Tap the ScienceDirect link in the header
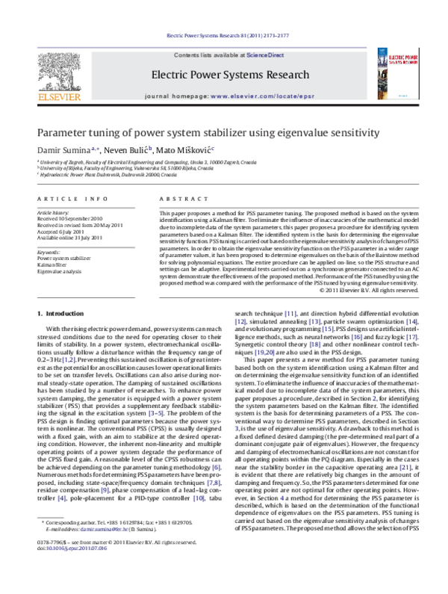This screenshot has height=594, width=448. click(266, 55)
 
